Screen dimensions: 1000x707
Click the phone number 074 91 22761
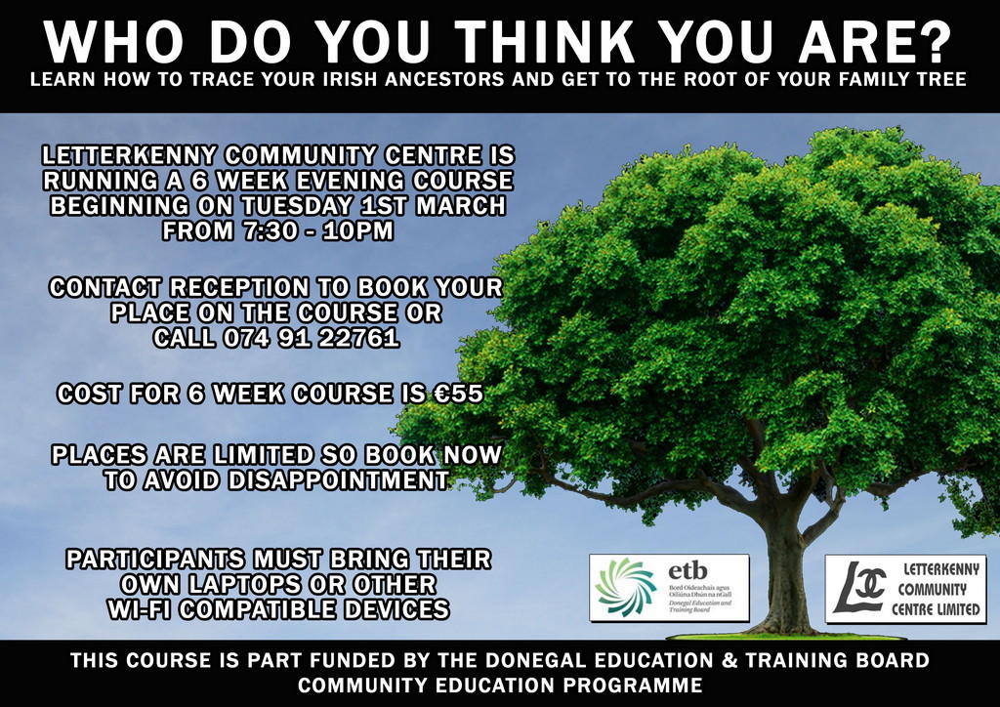pos(312,337)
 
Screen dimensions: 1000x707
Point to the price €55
pos(458,393)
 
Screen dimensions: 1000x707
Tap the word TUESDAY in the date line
pos(297,205)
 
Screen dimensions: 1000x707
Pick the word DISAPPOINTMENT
pos(338,479)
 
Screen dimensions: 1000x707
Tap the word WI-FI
pos(141,608)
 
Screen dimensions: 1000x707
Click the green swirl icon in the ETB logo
pos(625,587)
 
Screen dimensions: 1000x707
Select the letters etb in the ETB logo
pos(687,570)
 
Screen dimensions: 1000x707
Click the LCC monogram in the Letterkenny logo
pos(859,587)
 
